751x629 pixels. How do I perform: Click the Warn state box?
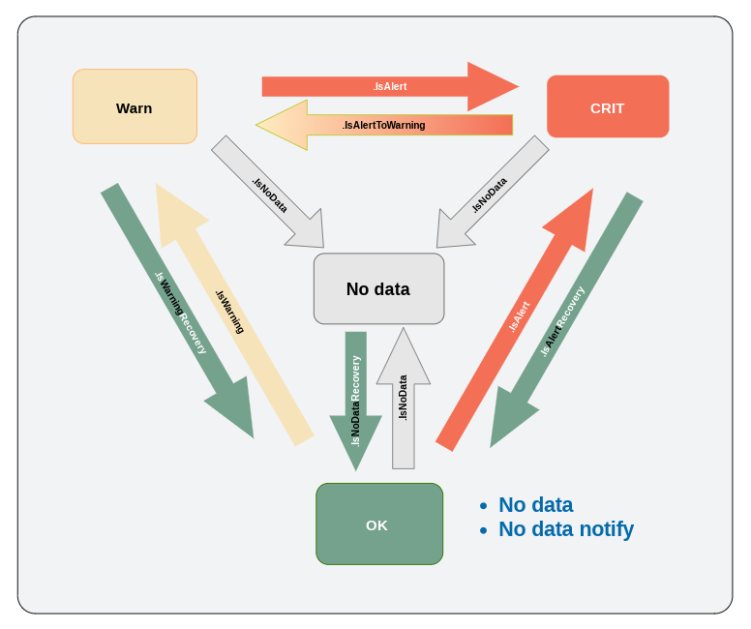click(x=135, y=106)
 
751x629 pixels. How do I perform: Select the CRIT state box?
click(x=608, y=106)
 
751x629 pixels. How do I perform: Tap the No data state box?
click(x=378, y=288)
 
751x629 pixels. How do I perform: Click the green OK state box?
click(x=378, y=524)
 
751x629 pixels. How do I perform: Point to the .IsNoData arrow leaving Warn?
click(x=266, y=190)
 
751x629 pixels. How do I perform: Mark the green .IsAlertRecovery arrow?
click(x=566, y=319)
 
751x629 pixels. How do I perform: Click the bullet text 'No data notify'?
click(x=565, y=529)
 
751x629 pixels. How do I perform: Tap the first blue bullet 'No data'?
click(x=535, y=505)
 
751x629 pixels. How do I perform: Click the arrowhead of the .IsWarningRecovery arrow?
click(x=233, y=411)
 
